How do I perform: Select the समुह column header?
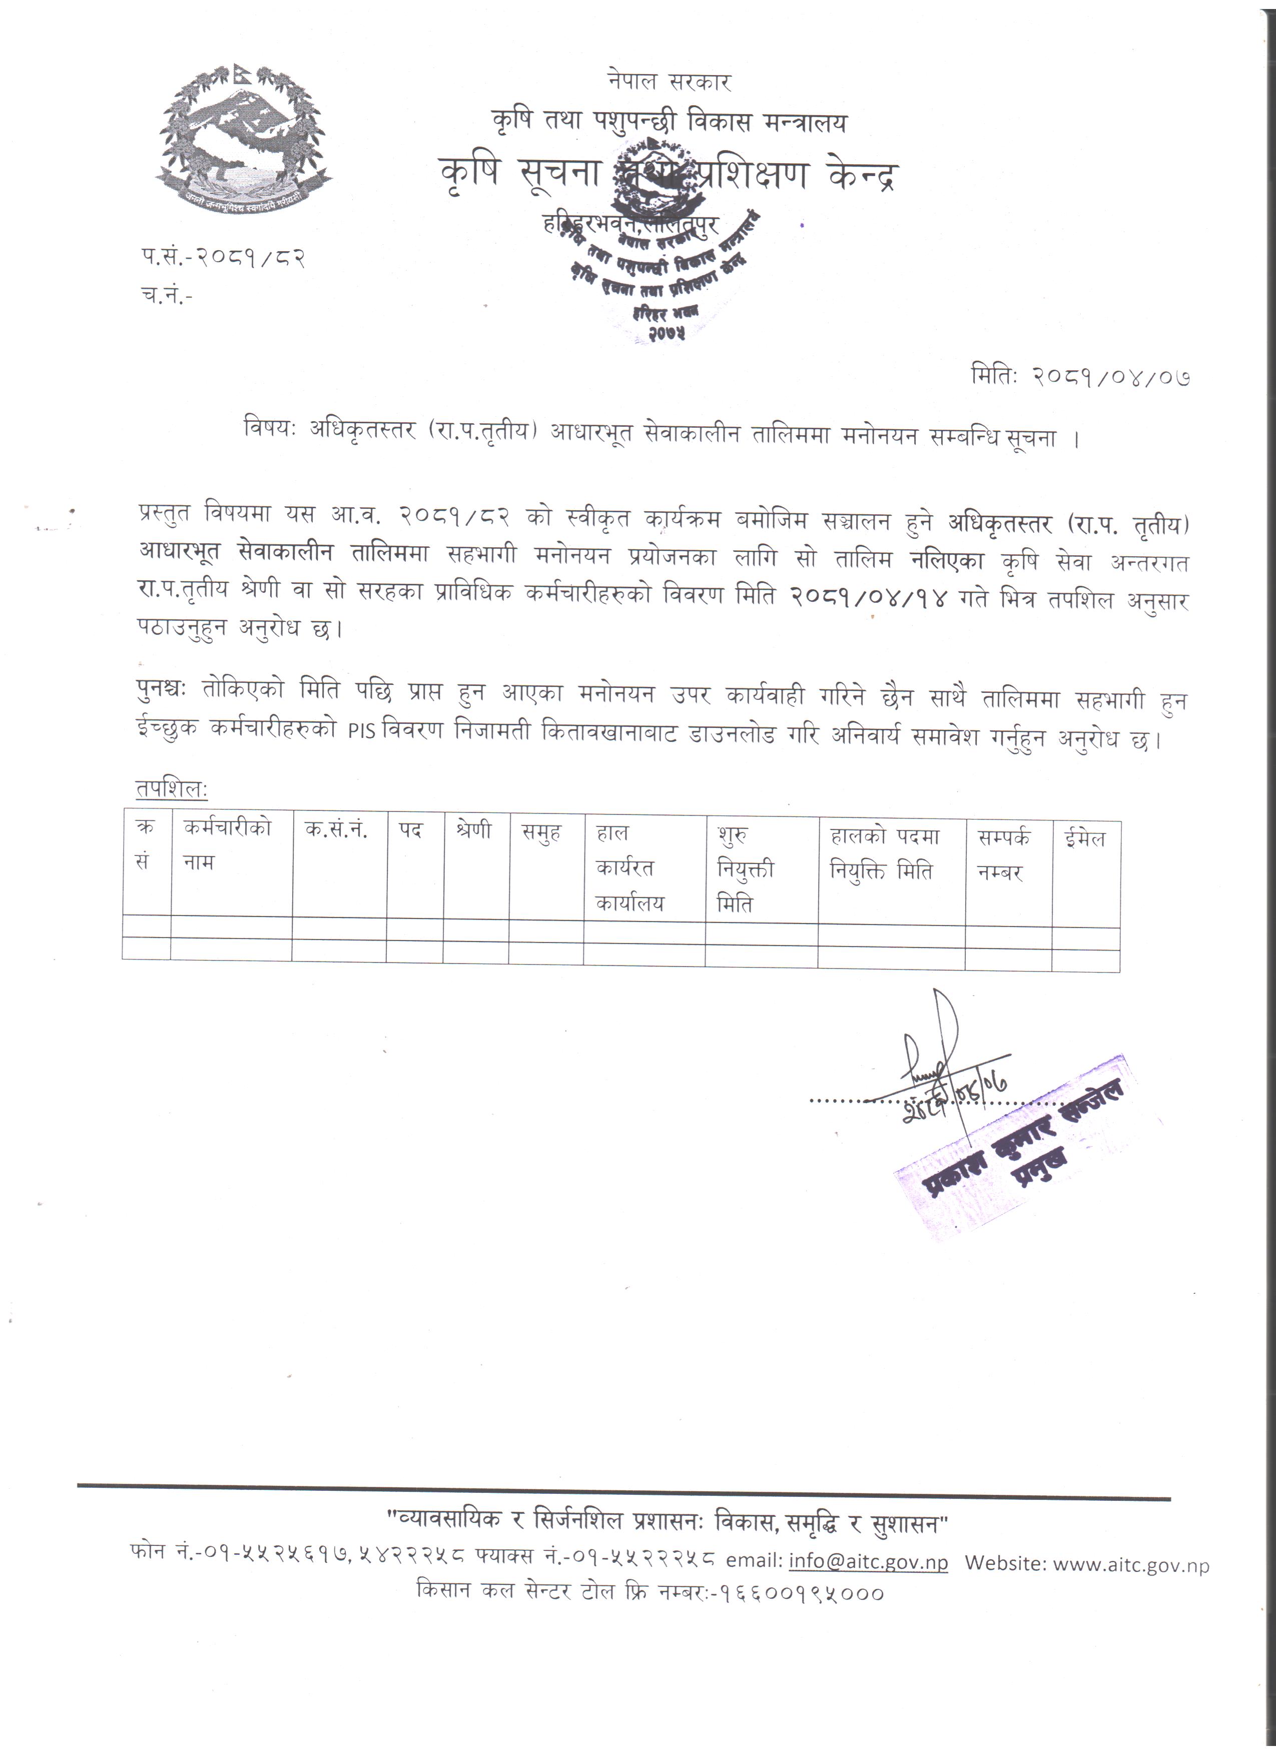pos(541,832)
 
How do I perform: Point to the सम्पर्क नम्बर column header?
pos(1004,855)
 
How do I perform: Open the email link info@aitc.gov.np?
pos(868,1561)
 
